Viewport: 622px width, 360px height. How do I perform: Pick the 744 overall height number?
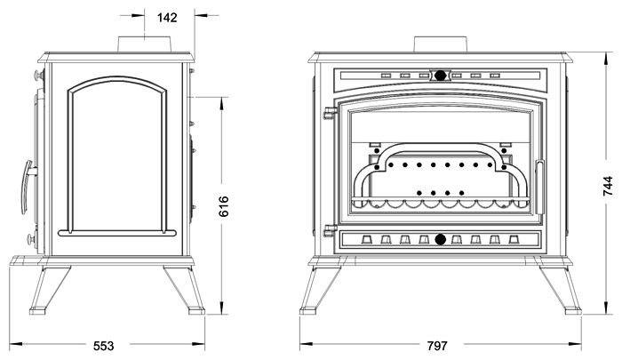[607, 185]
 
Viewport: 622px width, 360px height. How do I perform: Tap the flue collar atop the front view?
[441, 45]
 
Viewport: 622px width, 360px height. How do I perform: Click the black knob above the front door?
[441, 76]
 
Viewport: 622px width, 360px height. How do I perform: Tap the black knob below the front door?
[441, 239]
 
